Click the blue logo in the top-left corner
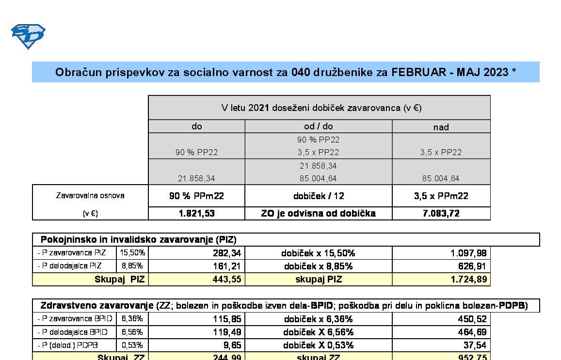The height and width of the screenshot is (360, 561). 28,36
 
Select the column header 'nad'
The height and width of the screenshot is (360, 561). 441,127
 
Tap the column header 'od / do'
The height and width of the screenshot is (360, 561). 318,126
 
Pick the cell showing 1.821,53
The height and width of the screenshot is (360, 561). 196,213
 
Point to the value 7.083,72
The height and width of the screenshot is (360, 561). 441,213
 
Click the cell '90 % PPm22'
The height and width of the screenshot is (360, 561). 196,196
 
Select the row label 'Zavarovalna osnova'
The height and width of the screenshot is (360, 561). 90,196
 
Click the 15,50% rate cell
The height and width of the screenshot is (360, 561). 132,253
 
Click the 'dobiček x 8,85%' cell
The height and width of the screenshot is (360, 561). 318,266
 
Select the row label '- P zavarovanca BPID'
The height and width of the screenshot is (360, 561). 75,319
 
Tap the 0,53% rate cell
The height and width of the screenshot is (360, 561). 132,345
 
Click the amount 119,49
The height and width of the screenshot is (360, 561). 227,332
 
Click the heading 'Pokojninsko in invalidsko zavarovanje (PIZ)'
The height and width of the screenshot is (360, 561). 138,239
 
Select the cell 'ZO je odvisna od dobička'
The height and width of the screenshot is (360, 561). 318,213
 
